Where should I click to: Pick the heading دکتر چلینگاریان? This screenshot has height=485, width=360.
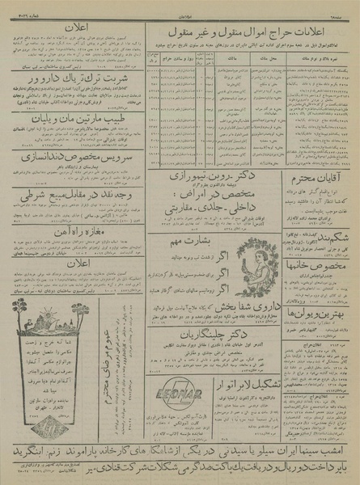click(x=214, y=352)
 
